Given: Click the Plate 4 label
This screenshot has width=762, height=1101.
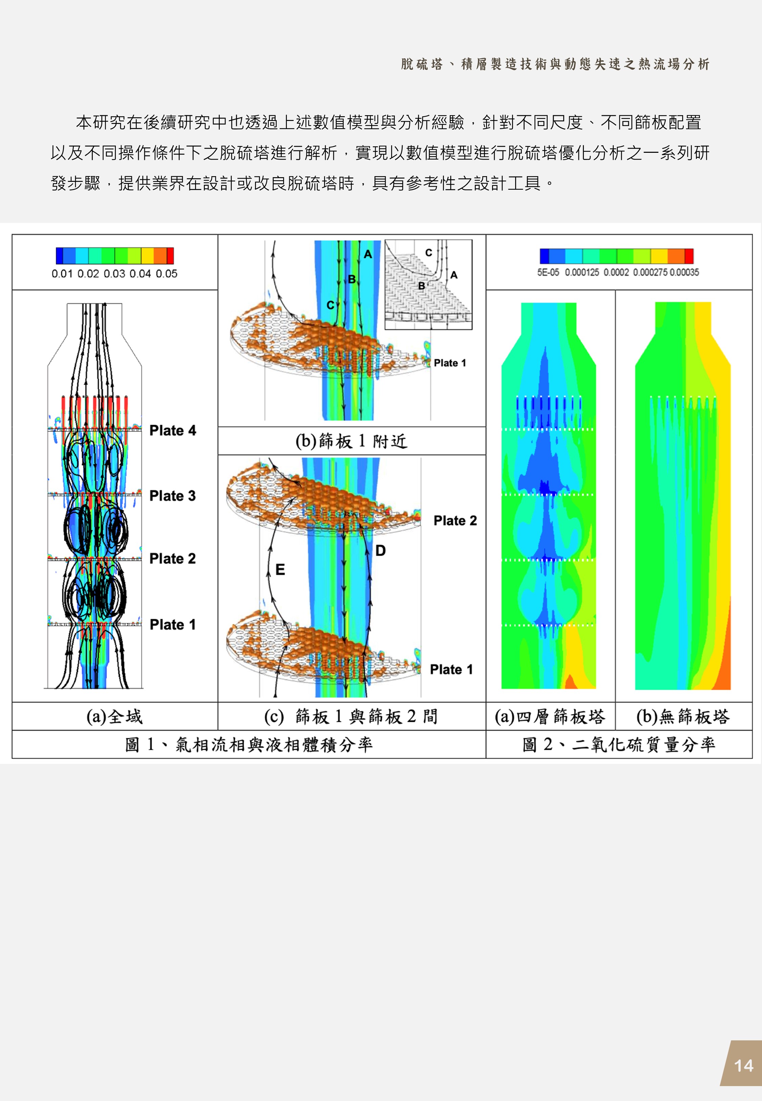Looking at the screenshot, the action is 172,430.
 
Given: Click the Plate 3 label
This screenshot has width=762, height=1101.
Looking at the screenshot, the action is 172,496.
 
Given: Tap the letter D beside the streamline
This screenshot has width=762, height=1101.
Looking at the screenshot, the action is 381,551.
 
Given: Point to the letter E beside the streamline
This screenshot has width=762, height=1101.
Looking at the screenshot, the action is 280,569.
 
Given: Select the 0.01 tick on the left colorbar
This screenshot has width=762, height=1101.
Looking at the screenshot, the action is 62,274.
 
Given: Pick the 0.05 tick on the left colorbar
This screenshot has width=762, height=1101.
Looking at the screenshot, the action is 167,274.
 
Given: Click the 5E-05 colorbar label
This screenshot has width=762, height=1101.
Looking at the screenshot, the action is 548,272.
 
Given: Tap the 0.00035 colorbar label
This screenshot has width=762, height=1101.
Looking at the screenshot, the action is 684,272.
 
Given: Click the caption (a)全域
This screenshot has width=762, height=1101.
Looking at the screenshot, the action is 114,716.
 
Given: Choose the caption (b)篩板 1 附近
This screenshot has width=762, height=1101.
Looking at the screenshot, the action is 352,441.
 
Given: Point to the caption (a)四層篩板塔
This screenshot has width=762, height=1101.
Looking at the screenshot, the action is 550,716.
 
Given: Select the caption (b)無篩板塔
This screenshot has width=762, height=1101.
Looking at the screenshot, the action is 683,716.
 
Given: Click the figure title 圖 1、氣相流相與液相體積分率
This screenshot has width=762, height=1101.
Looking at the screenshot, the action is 249,744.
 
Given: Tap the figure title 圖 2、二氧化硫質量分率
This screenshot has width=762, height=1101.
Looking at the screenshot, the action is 619,744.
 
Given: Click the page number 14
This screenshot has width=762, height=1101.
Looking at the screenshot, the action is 743,1066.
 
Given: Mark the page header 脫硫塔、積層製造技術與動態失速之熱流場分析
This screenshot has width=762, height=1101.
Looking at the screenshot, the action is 555,64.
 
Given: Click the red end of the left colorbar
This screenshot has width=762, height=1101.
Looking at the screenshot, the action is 170,256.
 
